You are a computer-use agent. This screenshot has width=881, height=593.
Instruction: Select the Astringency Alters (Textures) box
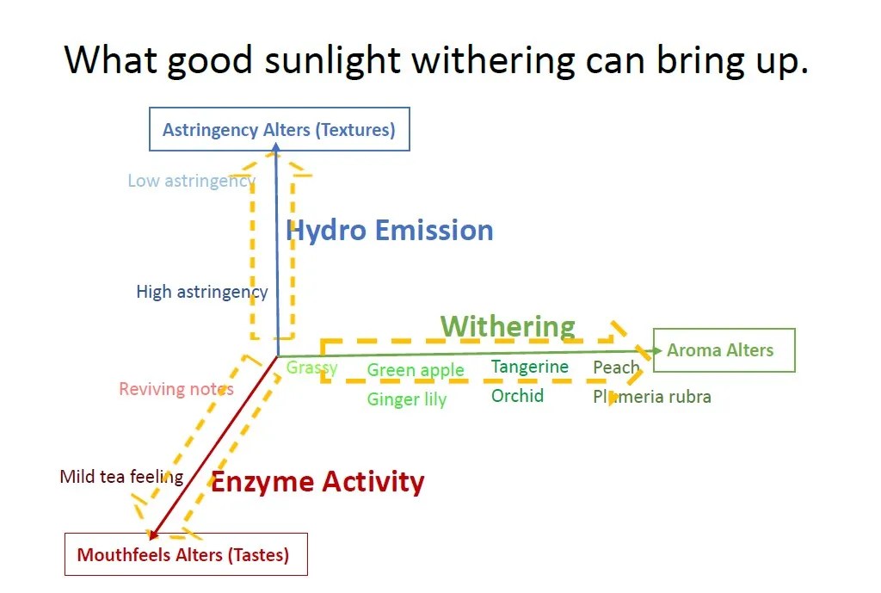pos(280,129)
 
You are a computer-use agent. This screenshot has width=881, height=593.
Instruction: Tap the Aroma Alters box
pos(724,350)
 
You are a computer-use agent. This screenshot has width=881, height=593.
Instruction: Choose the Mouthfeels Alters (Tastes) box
pos(186,554)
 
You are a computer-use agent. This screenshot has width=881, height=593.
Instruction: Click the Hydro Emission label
pos(390,231)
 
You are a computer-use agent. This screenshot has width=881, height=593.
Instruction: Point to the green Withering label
pos(508,326)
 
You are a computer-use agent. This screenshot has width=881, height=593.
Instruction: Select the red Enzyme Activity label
pos(317,482)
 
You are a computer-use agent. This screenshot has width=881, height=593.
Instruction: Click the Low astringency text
pos(192,181)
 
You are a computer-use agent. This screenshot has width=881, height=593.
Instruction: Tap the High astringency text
pos(202,292)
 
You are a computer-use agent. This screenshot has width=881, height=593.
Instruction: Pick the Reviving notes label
pos(176,389)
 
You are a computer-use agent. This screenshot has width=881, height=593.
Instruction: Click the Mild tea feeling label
pos(122,477)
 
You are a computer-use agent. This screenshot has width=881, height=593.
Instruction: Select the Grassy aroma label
pos(311,368)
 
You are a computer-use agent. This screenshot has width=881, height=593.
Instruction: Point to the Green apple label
pos(416,370)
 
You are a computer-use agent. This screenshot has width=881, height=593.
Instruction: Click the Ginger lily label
pos(407,399)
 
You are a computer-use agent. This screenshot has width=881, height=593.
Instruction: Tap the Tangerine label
pos(530,367)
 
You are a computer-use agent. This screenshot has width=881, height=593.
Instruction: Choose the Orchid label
pos(517,396)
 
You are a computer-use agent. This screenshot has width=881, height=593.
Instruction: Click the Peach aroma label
pos(616,367)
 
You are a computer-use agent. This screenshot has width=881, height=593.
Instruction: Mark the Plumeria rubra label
pos(652,397)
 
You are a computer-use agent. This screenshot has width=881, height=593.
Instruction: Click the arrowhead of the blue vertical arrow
pos(276,147)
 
